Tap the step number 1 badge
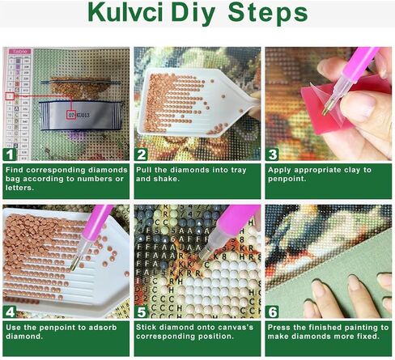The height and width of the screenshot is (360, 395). click(11, 154)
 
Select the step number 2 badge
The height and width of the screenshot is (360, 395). click(142, 154)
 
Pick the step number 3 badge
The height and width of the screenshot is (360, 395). click(273, 154)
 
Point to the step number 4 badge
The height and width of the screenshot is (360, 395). click(11, 310)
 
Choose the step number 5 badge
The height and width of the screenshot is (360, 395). click(142, 310)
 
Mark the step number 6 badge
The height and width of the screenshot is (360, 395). click(273, 310)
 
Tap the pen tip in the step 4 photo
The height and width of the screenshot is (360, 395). click(73, 264)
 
